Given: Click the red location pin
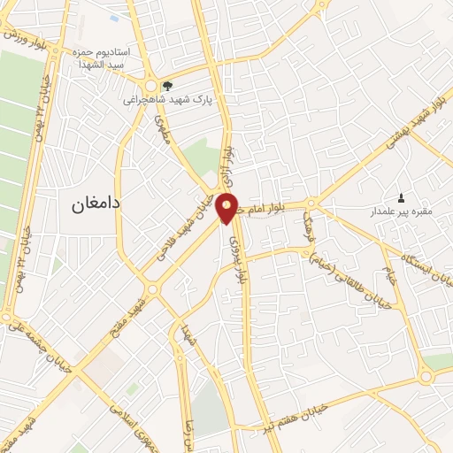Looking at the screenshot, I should click(x=227, y=208).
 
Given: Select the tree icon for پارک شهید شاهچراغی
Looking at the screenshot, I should click(x=167, y=86).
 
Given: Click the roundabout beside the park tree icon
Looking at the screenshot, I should click(x=150, y=86).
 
